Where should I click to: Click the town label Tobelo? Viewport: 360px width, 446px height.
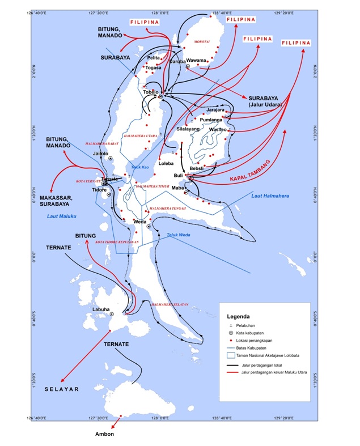tap(151, 92)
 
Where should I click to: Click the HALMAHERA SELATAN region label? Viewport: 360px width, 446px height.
tap(168, 304)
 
